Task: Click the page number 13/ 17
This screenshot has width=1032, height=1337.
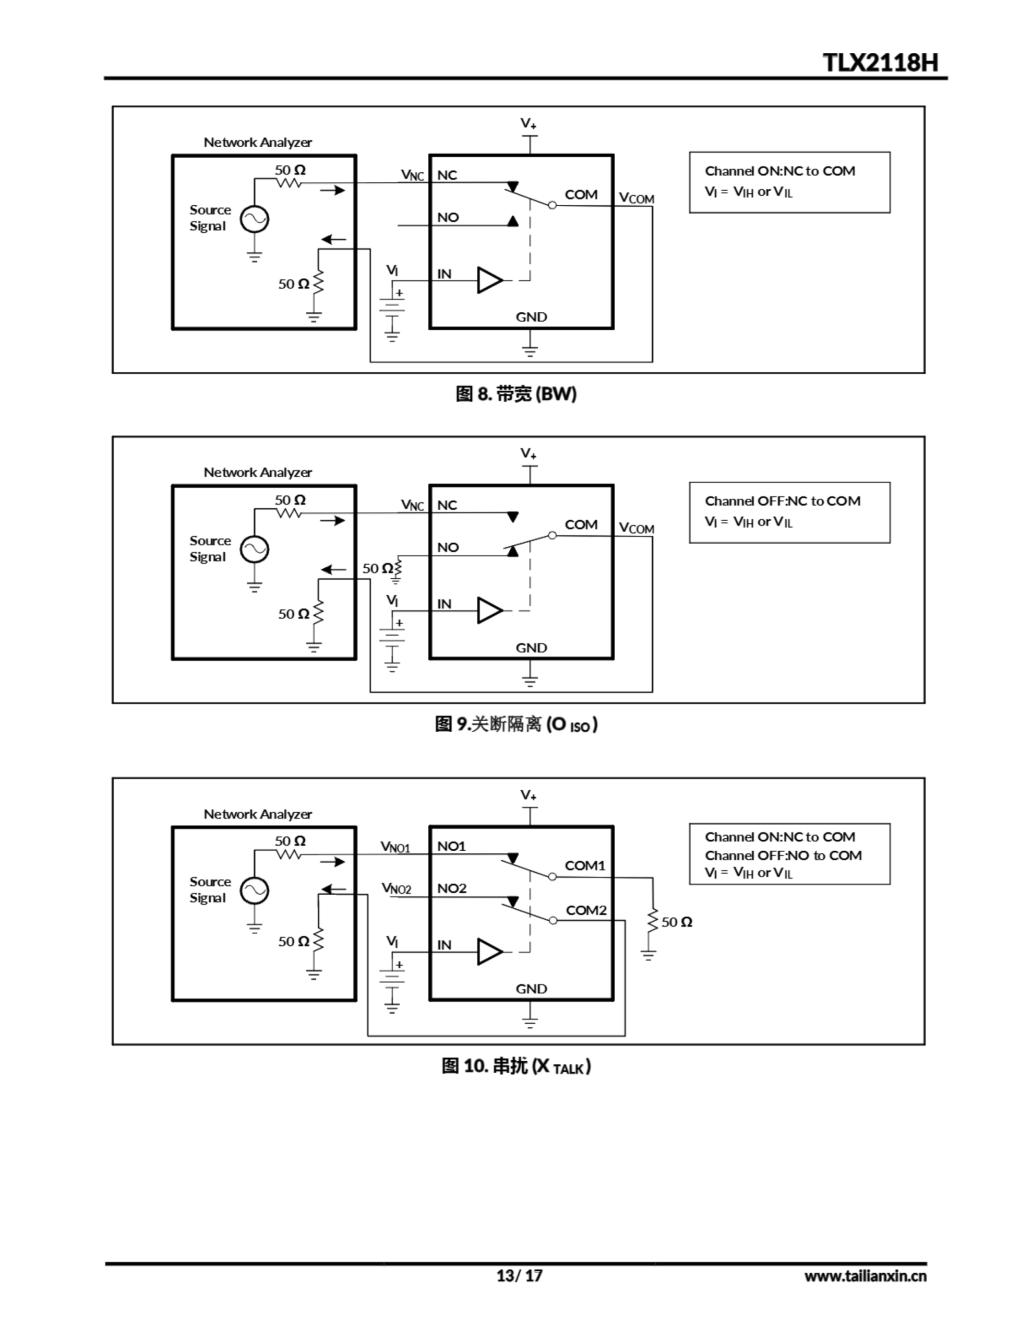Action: pos(519,1275)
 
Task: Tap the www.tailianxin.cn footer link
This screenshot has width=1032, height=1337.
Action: pos(865,1276)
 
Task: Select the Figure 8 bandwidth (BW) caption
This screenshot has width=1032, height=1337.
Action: pos(515,394)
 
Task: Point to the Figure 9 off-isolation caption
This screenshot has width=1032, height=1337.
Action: pos(515,724)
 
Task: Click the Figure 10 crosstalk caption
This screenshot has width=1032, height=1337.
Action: pos(515,1066)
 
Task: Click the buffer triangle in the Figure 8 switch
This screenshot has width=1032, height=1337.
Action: pos(489,280)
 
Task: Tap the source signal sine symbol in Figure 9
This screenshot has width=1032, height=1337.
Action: pos(254,549)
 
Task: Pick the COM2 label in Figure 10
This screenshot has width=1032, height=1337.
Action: pos(585,910)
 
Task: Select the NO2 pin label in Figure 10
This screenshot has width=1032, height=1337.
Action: pos(451,888)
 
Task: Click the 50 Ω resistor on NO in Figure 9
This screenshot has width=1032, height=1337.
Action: pos(398,568)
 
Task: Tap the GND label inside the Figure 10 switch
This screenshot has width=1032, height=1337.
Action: pos(531,989)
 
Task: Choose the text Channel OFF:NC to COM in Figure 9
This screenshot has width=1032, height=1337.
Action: pos(783,501)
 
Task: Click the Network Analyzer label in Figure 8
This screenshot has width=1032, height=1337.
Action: pos(258,143)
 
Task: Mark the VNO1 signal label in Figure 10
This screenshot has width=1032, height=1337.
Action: pos(395,847)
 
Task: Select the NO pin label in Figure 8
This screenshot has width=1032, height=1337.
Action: pos(448,217)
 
